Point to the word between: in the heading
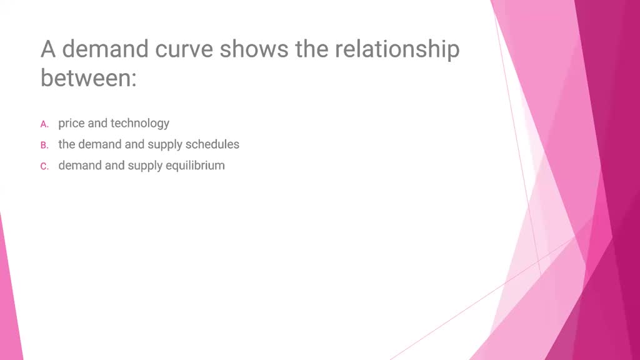point(89,77)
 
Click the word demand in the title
point(105,49)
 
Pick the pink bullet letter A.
point(44,124)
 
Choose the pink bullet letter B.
point(44,145)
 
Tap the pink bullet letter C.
point(44,166)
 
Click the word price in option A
point(71,124)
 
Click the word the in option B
point(66,144)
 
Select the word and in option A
point(97,123)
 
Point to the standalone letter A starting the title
point(48,49)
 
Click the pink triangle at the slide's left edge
point(9,298)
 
